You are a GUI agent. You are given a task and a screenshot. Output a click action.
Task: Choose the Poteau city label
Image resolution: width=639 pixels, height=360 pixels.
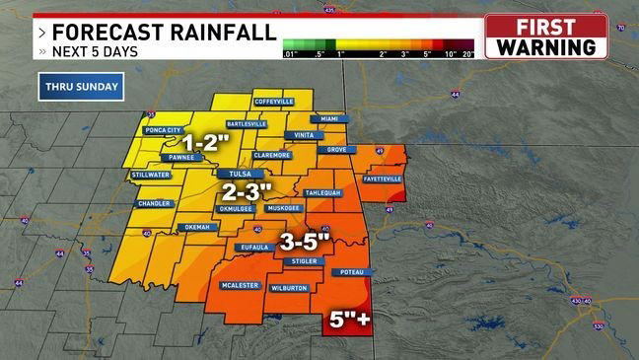[353, 271]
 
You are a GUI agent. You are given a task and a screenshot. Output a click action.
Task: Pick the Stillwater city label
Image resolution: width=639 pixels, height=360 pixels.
[148, 176]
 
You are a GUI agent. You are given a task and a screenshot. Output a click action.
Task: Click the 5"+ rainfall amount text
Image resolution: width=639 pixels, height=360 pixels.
[349, 320]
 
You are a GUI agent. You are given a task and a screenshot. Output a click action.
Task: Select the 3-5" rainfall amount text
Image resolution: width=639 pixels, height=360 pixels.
[308, 241]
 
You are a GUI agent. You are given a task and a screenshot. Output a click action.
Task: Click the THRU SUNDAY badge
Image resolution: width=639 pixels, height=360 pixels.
[82, 87]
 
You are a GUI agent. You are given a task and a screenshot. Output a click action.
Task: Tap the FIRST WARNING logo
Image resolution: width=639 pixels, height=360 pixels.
[545, 36]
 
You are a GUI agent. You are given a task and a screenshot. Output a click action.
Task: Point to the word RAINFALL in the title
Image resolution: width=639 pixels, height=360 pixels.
[218, 32]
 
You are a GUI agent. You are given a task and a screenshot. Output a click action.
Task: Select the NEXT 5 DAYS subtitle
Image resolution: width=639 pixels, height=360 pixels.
[96, 50]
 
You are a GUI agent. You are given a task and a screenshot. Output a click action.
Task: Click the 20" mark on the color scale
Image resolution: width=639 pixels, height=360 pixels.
[467, 54]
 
